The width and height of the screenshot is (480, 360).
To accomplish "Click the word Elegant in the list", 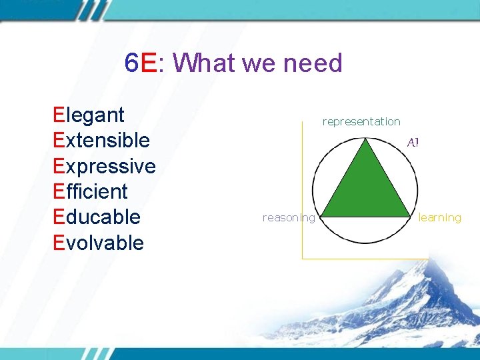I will point(89,115).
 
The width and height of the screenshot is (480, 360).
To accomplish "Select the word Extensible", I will point(101,141).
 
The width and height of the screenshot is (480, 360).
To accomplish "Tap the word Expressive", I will point(104,166).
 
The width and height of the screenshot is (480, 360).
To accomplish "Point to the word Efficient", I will point(90,191).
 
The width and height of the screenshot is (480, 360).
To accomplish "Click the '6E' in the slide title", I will point(140,63).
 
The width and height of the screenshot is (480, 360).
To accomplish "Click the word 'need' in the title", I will point(313,63).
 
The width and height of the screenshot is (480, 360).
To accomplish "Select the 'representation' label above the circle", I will point(361,121).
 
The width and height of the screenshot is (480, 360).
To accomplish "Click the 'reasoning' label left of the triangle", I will point(289,217).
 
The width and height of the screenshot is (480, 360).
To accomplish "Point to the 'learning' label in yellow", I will point(440,217).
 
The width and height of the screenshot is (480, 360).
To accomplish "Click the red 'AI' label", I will point(413,142).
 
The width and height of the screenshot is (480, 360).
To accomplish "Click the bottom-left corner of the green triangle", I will point(323,216).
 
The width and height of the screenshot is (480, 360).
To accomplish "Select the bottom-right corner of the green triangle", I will point(409,216).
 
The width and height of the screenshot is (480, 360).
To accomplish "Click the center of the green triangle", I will point(365,191).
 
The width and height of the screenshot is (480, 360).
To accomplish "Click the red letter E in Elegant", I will point(59,115).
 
